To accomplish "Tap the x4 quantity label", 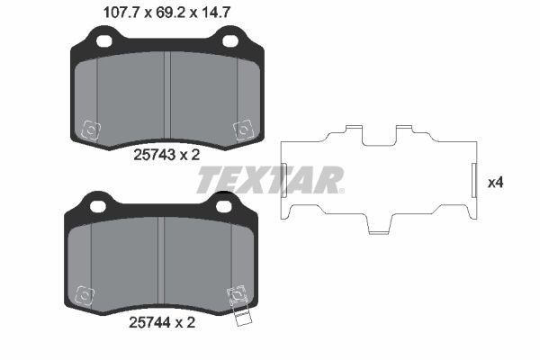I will [x=494, y=182].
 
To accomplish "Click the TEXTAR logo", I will [x=269, y=180].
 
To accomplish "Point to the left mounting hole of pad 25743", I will [x=104, y=40].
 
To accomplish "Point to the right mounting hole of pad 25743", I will [x=229, y=40].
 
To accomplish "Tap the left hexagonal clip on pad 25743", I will [x=90, y=130].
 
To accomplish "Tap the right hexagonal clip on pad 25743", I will [x=242, y=130].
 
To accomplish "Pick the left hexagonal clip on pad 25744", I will [x=85, y=294].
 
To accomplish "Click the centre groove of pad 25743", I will [x=167, y=94].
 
